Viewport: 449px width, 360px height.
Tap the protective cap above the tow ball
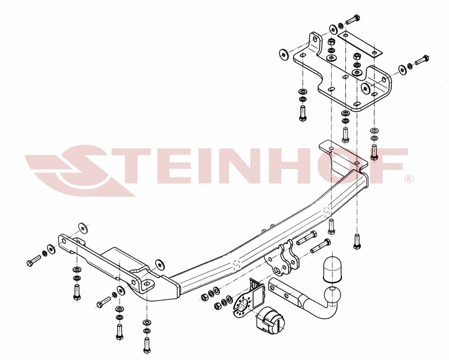click(332, 269)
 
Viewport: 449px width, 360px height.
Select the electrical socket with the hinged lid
click(270, 321)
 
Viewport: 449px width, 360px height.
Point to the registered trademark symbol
click(409, 179)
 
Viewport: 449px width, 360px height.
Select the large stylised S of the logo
click(83, 171)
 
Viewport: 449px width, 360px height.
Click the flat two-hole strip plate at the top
click(360, 44)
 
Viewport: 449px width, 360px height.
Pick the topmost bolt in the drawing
click(352, 19)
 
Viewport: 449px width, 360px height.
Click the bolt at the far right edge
click(422, 60)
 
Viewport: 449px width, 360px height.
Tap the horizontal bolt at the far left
click(34, 261)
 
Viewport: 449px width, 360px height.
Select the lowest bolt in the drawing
click(147, 345)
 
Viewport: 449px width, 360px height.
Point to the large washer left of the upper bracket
click(284, 54)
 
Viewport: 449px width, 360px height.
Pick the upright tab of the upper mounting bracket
click(315, 43)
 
